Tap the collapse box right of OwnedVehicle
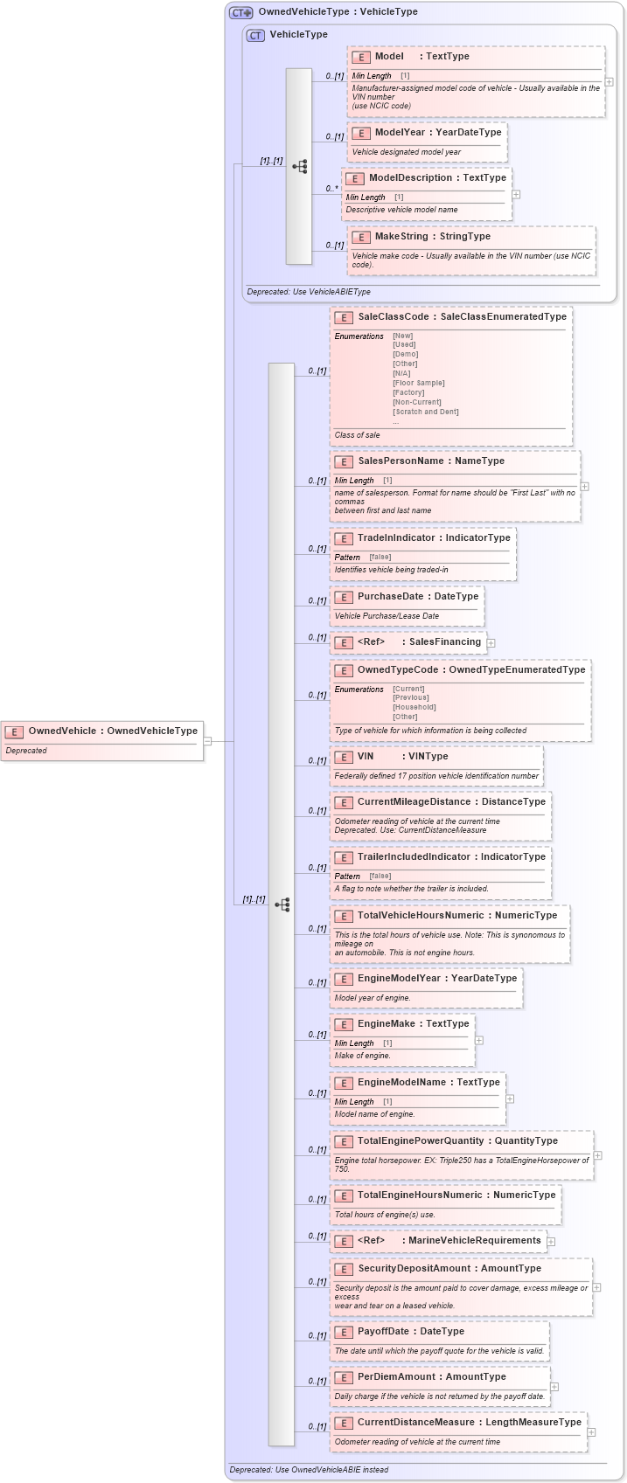click(x=207, y=741)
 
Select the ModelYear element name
click(x=400, y=133)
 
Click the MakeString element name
click(x=401, y=237)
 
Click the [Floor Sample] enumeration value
click(x=419, y=383)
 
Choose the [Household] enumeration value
click(x=415, y=707)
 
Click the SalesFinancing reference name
click(x=445, y=642)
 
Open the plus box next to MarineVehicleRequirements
click(x=551, y=1241)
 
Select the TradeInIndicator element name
click(x=397, y=538)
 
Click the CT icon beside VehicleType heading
click(x=255, y=35)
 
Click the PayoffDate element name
click(x=383, y=1332)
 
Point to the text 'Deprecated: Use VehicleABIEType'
click(x=309, y=292)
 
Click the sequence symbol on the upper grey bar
click(x=299, y=166)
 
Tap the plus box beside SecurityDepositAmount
click(x=596, y=1287)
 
